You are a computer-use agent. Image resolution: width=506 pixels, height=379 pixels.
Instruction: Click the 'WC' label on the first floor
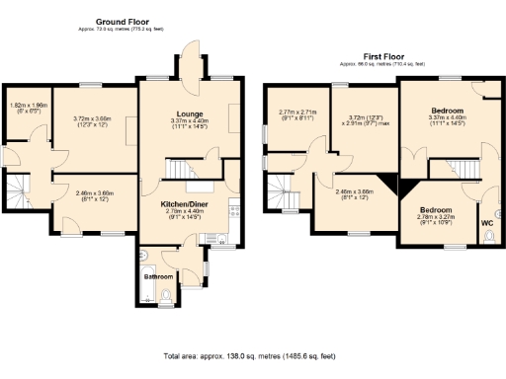tap(487, 222)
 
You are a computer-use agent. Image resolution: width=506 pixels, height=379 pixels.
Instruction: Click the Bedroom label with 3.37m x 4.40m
tap(449, 112)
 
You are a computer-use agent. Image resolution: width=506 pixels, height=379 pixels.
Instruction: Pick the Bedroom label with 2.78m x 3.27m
tap(436, 210)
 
